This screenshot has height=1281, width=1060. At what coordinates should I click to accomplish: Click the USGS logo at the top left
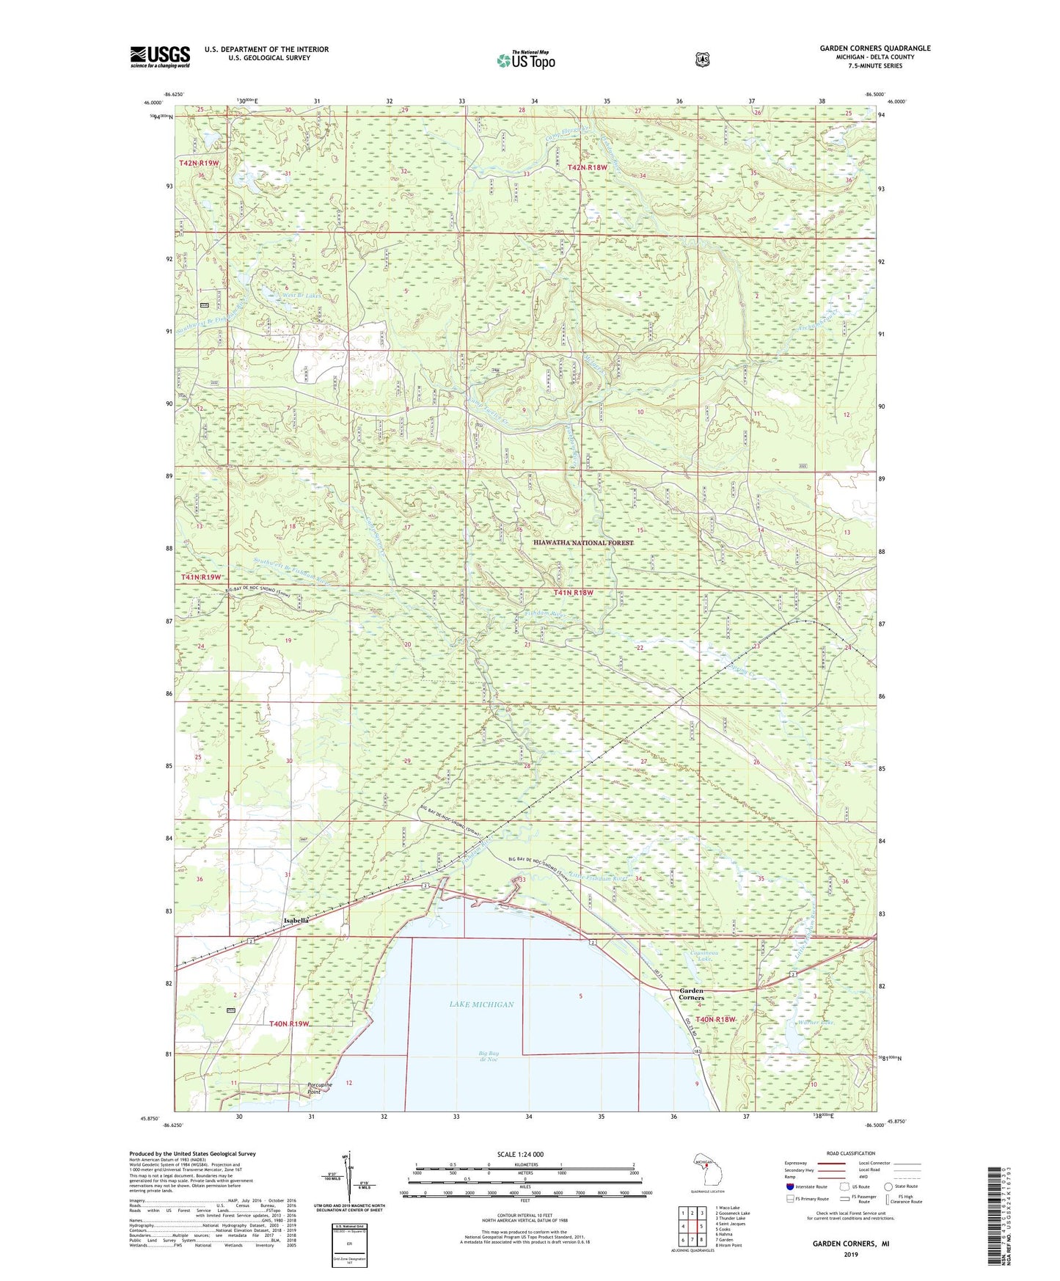coord(160,56)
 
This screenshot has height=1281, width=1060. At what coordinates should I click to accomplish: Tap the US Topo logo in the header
coord(525,60)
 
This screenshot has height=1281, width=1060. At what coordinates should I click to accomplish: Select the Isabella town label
coord(297,919)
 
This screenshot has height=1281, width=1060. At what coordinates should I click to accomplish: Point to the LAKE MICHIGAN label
coord(482,1004)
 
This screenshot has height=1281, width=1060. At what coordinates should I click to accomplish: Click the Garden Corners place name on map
coord(691,994)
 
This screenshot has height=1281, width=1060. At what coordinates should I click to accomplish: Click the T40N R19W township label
coord(290,1023)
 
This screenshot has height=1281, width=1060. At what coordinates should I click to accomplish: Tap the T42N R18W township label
coord(588,167)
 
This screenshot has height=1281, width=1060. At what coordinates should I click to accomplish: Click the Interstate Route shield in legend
coord(789,1186)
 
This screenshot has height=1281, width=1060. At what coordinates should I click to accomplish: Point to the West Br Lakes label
coord(302,296)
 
